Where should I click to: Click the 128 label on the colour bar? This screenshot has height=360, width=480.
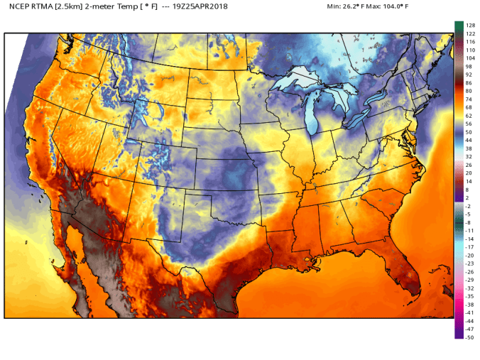pos(470,25)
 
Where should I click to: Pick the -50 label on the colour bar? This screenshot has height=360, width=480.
pos(469,337)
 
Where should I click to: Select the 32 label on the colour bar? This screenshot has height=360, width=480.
pos(469,156)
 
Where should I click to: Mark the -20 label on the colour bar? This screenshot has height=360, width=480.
pos(469,255)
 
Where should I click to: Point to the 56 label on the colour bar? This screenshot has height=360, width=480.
pos(469,124)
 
